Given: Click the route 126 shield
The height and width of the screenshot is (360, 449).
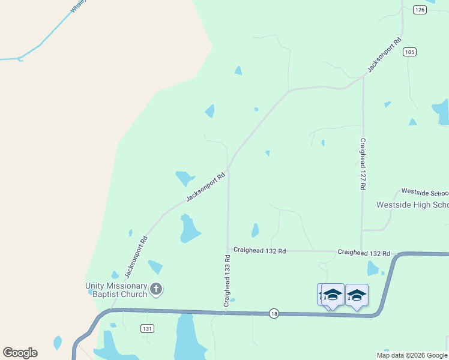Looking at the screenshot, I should click(x=420, y=10).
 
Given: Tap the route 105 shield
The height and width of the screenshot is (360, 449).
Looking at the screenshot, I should click(x=409, y=52).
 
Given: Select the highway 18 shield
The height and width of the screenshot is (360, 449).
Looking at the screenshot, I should click(x=274, y=314).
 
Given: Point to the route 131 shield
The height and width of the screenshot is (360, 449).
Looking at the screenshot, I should click(x=148, y=328).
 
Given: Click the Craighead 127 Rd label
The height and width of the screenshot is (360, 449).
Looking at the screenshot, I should click(x=363, y=164).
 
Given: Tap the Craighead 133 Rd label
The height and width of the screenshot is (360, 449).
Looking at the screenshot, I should click(x=228, y=281).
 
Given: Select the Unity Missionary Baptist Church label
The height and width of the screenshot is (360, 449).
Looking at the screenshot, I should click(x=116, y=290).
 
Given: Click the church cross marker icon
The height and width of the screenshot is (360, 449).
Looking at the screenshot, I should click(x=156, y=290).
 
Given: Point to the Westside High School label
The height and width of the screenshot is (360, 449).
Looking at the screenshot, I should click(x=412, y=205).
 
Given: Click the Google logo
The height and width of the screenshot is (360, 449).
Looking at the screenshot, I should click(x=20, y=353).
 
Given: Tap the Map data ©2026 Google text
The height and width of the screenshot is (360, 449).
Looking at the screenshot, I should click(x=412, y=355).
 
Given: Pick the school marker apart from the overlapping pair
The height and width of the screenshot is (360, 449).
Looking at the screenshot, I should click(x=357, y=295).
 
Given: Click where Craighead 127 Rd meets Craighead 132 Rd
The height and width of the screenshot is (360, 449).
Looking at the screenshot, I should click(x=361, y=251).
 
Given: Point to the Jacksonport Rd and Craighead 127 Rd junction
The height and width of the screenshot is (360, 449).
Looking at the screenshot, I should click(x=363, y=76).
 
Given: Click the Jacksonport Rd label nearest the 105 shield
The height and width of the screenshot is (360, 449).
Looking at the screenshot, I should click(x=384, y=56).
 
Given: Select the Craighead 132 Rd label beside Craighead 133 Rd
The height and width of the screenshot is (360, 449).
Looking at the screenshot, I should click(x=259, y=250).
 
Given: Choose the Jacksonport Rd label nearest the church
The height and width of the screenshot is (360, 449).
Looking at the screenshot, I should click(x=136, y=257).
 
